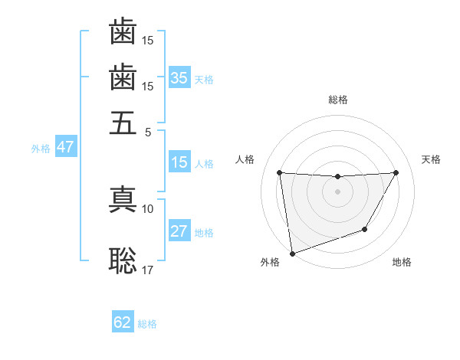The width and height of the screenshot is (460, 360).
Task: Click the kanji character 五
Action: coord(123,122)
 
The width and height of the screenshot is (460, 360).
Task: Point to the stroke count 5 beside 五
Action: coord(148,131)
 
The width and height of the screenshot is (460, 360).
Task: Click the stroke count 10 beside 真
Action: coord(148,208)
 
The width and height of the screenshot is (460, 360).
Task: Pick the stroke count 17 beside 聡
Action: coord(148,270)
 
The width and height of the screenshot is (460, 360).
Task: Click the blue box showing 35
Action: coord(179,77)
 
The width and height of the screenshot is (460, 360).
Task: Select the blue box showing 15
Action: coord(179,162)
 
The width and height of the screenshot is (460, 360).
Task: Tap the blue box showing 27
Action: coord(179,231)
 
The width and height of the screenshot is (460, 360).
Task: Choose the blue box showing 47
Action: coord(65,147)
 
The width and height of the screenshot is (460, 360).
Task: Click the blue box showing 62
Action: coord(123,322)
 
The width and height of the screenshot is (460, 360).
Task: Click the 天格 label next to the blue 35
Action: coord(204,79)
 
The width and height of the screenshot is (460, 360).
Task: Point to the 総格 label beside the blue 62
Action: coord(147,324)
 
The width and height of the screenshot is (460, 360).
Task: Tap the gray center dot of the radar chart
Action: coord(337,191)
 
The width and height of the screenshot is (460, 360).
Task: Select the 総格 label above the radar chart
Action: coord(338,100)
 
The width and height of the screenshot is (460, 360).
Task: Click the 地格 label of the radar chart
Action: coord(402,263)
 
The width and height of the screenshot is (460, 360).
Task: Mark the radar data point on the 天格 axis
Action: coord(396,172)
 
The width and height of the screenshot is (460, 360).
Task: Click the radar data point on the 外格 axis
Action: coord(292,253)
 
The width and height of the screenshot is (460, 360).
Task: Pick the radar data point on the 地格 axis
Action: coord(365,229)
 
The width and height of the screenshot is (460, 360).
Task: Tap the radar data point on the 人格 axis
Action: coord(279,172)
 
